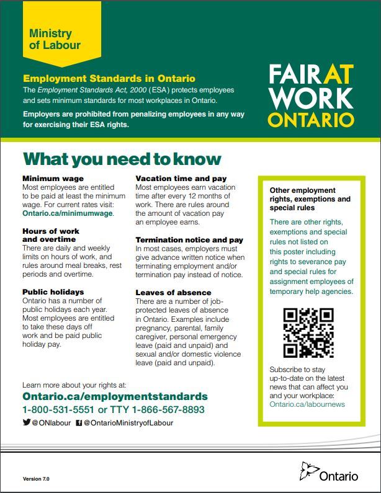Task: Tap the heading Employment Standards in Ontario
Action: (x=109, y=79)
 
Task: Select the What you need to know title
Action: (x=122, y=159)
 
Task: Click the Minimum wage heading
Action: (x=53, y=179)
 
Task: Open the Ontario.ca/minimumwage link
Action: (x=68, y=213)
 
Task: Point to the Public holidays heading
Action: (x=53, y=291)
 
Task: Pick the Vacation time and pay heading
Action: (x=181, y=179)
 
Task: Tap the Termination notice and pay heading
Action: (x=189, y=239)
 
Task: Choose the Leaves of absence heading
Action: (x=173, y=292)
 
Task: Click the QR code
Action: (x=308, y=333)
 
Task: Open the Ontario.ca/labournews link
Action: (x=307, y=404)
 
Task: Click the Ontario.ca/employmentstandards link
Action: (x=115, y=396)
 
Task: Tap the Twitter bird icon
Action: (x=26, y=422)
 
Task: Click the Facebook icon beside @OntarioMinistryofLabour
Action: (x=79, y=423)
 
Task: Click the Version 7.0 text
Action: (x=36, y=479)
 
